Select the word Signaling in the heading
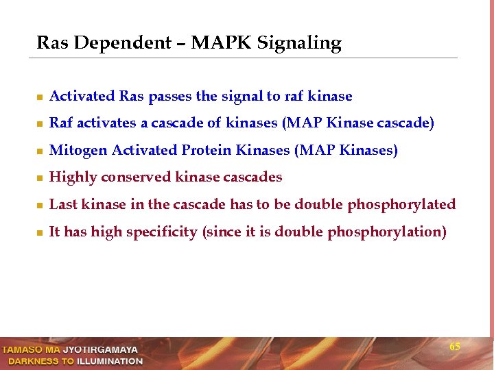tap(299, 44)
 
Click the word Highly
tap(73, 177)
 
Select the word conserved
tap(137, 177)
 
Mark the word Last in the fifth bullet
tap(63, 204)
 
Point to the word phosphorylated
tap(401, 205)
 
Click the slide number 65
tap(455, 347)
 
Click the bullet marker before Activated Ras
tap(41, 97)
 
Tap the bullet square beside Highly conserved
tap(41, 178)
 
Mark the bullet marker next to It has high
tap(41, 233)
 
